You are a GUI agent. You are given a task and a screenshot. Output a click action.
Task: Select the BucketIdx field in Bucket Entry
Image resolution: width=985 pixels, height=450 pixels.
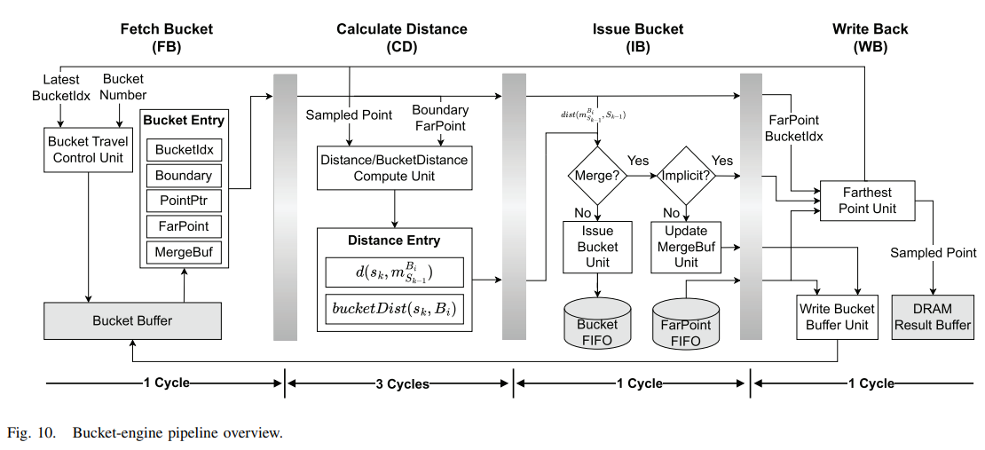click(184, 149)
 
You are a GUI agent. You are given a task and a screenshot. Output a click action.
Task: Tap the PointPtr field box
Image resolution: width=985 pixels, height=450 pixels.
click(184, 201)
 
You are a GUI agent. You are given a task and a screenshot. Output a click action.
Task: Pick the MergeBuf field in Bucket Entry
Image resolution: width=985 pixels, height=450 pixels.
click(184, 251)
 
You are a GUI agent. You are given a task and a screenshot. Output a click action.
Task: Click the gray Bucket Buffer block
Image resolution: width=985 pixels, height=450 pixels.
click(132, 320)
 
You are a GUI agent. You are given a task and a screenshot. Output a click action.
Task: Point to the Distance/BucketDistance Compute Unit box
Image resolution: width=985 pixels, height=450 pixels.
click(393, 168)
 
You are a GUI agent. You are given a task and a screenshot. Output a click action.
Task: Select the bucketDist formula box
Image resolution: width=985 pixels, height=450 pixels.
click(394, 309)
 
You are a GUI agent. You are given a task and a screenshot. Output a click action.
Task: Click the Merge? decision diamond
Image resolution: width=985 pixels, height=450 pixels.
click(597, 176)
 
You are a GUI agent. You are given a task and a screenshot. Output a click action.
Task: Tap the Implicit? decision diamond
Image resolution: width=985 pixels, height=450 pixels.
click(685, 176)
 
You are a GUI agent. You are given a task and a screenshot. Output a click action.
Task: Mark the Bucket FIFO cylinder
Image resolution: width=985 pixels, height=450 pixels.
click(597, 323)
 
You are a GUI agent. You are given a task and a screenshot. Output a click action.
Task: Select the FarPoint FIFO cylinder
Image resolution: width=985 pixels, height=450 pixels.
click(685, 325)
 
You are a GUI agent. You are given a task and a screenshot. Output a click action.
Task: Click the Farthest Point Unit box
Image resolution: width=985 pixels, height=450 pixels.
click(869, 201)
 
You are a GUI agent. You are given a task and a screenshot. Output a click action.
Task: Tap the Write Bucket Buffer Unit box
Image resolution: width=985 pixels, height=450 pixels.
click(837, 317)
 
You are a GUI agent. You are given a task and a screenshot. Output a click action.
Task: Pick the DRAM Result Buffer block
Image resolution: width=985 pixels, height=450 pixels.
click(932, 317)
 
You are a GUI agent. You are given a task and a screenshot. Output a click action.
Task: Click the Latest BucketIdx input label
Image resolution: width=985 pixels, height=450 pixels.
click(60, 87)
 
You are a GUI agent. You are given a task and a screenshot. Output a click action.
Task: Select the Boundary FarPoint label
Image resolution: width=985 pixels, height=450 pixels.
click(440, 117)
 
